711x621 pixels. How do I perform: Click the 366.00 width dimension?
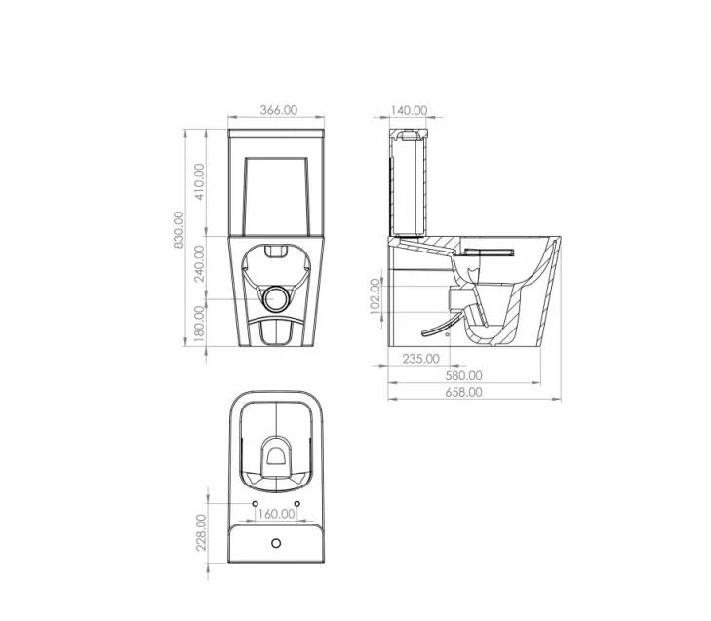pos(279,110)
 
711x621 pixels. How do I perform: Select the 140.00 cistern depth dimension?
pos(408,110)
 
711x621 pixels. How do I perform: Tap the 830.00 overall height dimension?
pos(178,229)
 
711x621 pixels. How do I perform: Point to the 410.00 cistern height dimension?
pos(199,182)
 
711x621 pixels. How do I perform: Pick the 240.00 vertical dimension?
pos(199,263)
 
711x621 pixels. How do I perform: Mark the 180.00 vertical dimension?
pos(199,324)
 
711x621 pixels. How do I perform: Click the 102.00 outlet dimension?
pos(375,295)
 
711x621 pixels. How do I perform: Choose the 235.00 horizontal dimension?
pos(420,359)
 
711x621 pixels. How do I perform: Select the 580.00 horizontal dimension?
pos(463,375)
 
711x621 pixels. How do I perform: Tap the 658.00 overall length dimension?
pos(463,392)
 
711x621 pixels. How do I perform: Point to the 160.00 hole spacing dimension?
pos(277,513)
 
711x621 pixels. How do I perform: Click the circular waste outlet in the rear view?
pos(278,296)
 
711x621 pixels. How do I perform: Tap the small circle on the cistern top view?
pos(277,541)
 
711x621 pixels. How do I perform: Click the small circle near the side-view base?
pos(448,333)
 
